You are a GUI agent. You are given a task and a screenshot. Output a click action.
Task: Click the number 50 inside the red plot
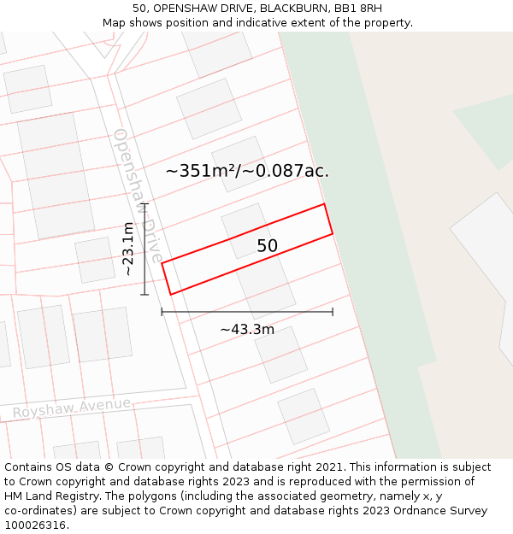pos(268,246)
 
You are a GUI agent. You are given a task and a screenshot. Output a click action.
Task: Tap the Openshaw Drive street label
pos(137,195)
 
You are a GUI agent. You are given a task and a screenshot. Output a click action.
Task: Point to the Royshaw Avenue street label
pos(72,408)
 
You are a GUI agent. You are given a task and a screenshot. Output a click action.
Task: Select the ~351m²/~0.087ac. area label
pos(247,171)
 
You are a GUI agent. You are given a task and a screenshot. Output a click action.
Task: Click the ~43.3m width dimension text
pos(247,330)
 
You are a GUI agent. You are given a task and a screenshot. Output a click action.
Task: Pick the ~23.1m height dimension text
pos(128,249)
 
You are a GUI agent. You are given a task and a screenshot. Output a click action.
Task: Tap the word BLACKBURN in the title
pos(288,9)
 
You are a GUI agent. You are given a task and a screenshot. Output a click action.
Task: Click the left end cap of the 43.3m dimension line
pos(162,312)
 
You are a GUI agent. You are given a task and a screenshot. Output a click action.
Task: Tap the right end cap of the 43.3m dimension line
pos(333,312)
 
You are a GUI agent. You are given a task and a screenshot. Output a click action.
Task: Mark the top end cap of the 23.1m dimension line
pos(144,203)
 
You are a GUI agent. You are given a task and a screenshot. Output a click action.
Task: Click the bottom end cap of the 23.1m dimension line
pos(144,295)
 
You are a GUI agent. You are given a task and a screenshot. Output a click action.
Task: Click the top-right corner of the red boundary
pos(324,203)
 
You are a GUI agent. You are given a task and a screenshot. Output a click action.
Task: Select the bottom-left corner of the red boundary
pos(171,295)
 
